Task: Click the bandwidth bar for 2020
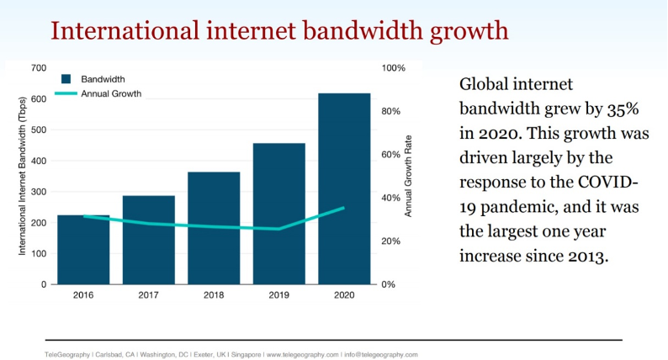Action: [x=344, y=188]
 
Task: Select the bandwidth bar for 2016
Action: [x=83, y=249]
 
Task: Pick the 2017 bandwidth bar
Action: [x=149, y=240]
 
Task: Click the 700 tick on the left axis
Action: [x=39, y=67]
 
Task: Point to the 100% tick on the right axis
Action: [x=395, y=67]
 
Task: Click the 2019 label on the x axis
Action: [x=279, y=296]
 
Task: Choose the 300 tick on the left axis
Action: [x=39, y=192]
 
